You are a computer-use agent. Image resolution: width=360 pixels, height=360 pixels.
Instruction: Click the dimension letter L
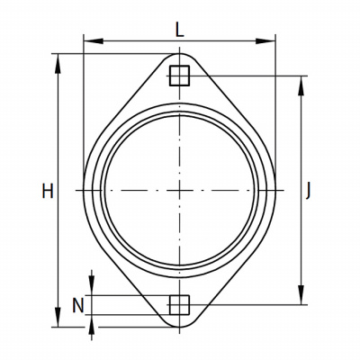(179, 31)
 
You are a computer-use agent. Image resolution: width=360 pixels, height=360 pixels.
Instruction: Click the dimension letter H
(48, 192)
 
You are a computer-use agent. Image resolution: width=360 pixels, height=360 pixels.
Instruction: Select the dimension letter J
(308, 192)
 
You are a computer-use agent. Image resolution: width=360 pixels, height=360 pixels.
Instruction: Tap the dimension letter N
(78, 306)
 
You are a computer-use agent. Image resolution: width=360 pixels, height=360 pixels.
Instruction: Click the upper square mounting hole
(179, 76)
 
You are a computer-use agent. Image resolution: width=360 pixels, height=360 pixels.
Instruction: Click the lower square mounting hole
(179, 305)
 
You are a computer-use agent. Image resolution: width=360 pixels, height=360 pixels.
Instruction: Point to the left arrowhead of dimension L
(94, 41)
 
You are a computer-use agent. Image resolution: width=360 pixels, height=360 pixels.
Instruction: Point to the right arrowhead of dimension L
(265, 41)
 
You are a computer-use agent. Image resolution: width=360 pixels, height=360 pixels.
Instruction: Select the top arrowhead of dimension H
(58, 64)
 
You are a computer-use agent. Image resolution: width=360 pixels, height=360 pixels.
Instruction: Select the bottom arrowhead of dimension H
(58, 317)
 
